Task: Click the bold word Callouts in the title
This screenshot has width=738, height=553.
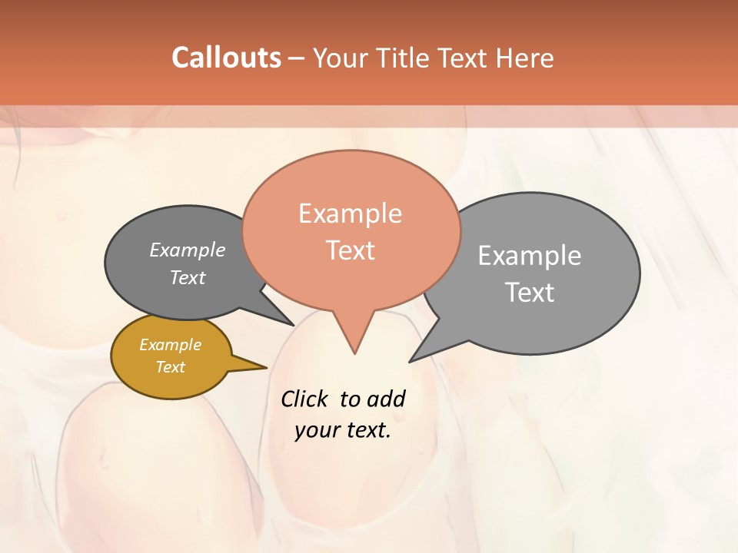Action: point(226,58)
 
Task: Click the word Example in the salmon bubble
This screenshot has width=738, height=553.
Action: point(350,214)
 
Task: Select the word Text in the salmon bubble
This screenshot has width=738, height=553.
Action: point(351,250)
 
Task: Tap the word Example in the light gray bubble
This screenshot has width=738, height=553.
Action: point(530,256)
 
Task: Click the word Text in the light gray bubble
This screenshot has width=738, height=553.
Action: point(530,293)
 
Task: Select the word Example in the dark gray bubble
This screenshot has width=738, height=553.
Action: point(188,250)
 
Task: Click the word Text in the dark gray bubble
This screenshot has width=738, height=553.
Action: point(188,277)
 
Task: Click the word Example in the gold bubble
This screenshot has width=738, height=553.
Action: point(171,345)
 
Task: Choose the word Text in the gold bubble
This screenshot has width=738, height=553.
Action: point(171,367)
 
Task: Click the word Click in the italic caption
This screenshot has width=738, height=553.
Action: point(304,399)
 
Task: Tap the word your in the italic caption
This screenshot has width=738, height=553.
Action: point(317,430)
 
